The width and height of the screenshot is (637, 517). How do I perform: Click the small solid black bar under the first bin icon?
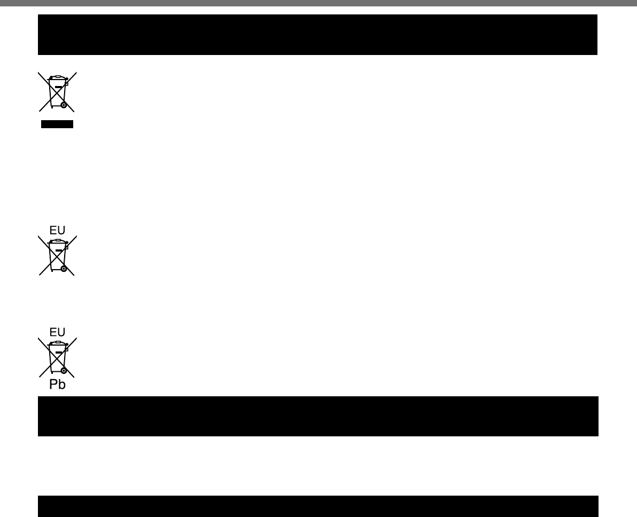click(57, 124)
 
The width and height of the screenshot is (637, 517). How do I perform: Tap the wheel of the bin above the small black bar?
click(64, 105)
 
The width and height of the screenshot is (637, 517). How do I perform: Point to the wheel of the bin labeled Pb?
click(64, 370)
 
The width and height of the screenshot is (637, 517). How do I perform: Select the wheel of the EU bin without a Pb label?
click(64, 269)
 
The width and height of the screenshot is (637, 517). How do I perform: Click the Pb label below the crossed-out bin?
click(57, 384)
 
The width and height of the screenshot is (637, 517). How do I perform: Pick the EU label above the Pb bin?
click(57, 332)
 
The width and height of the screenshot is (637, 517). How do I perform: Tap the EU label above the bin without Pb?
click(57, 231)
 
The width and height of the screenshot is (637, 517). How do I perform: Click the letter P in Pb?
click(53, 384)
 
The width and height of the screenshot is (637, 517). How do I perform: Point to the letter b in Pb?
click(61, 384)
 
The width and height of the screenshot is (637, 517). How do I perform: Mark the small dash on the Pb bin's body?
click(58, 352)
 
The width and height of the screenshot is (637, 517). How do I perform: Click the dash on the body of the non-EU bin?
click(58, 87)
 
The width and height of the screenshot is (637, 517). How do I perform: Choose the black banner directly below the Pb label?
click(318, 416)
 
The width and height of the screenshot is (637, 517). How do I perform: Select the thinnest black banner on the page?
click(318, 506)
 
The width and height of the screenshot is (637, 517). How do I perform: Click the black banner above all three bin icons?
click(317, 35)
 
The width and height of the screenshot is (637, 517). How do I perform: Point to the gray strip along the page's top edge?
click(318, 3)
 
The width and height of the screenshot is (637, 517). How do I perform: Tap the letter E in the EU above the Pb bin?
click(53, 332)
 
